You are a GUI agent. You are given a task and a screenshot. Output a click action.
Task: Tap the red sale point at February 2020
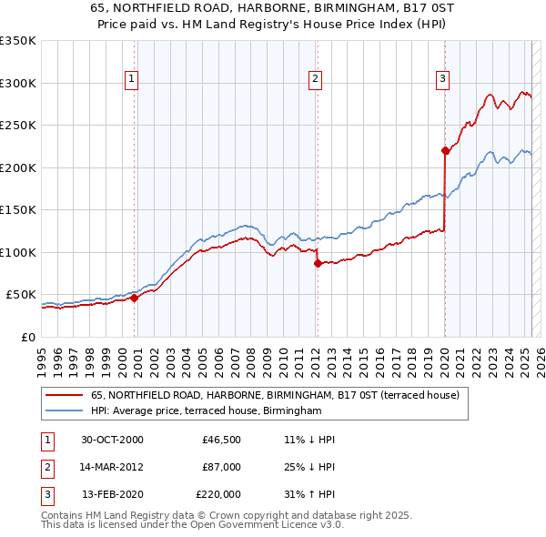point(444,150)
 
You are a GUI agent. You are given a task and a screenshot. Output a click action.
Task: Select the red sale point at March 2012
point(318,263)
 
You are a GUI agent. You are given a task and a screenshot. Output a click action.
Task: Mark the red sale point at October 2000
point(134,298)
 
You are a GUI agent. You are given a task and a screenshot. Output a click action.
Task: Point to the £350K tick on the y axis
point(17,41)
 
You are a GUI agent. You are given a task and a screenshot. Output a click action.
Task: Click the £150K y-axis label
point(17,210)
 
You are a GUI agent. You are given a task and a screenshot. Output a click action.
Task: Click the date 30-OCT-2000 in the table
point(112,440)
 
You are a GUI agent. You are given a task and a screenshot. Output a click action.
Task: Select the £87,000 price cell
point(221,467)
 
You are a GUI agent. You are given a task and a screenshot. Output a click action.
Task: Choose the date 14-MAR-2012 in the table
point(112,467)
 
